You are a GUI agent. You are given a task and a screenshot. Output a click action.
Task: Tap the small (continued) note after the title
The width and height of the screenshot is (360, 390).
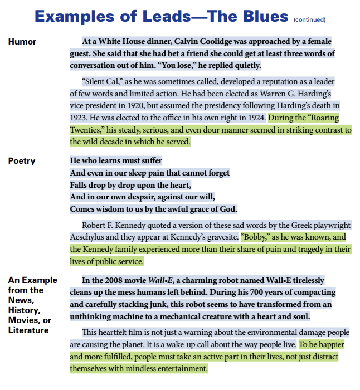[310, 19]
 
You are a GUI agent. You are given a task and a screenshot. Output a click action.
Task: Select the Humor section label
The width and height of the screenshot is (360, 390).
[22, 42]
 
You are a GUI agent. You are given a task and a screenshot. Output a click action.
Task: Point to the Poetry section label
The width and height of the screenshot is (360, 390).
[22, 161]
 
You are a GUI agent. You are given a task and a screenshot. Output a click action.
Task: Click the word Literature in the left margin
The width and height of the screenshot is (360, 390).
[28, 330]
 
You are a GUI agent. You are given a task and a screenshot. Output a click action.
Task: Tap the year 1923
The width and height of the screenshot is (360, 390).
[79, 118]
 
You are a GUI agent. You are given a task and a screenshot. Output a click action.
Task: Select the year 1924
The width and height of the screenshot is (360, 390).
[254, 118]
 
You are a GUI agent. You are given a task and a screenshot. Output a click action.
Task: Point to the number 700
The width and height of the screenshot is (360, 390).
[243, 292]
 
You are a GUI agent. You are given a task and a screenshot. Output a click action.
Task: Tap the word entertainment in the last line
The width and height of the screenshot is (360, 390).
[177, 369]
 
